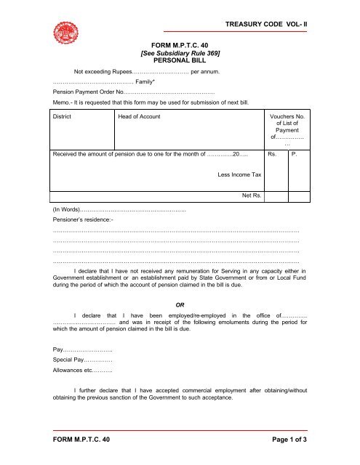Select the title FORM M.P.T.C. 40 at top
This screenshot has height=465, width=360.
click(180, 45)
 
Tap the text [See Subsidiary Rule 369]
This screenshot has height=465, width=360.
click(180, 53)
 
